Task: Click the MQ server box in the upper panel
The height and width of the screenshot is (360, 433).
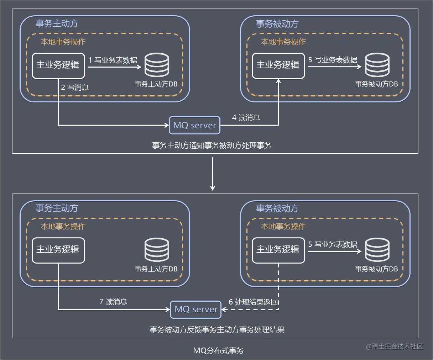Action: point(194,125)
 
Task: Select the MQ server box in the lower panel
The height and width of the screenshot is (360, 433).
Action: point(195,309)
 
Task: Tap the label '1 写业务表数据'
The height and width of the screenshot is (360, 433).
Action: point(113,60)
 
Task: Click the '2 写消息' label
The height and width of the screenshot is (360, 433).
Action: point(75,88)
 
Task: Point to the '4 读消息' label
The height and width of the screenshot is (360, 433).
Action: point(246,117)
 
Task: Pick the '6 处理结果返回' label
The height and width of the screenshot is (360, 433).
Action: point(253,302)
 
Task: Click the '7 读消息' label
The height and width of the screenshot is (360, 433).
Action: point(113,302)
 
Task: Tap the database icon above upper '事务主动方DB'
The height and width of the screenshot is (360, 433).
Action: point(157,65)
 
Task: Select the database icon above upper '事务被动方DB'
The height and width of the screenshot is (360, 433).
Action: point(377,65)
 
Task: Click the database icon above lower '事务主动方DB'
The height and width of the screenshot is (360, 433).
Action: point(157,250)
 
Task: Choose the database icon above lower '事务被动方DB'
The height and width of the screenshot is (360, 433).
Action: point(377,250)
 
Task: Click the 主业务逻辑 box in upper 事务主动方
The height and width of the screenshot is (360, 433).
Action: point(58,65)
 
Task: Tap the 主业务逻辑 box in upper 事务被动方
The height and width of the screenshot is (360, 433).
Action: point(278,65)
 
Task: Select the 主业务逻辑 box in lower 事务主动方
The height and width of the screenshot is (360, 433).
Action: point(58,250)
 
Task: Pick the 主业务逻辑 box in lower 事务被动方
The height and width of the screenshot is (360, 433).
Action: point(278,250)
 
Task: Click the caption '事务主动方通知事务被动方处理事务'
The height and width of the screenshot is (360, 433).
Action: point(212,145)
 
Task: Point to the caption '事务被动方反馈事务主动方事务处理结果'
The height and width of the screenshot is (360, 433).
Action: point(217,330)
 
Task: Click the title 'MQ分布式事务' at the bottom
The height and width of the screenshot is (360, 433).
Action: point(218,350)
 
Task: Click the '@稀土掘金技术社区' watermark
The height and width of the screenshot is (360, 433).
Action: point(395,346)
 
